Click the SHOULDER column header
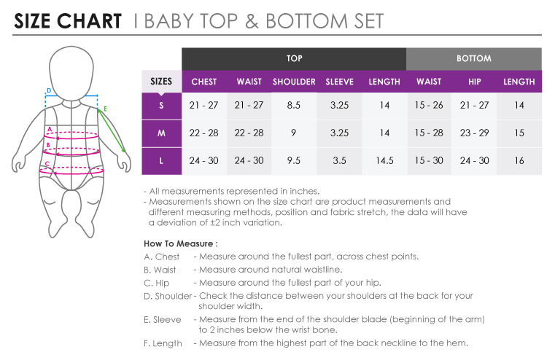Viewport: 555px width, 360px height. (294, 82)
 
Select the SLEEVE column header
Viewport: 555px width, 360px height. (339, 82)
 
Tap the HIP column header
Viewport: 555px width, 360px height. (474, 82)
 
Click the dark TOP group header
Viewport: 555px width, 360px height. (294, 59)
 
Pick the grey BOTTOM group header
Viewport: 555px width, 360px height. (473, 59)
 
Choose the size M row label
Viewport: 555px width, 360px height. (161, 133)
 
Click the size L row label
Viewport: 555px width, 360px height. (161, 161)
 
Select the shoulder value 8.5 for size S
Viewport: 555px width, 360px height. (293, 105)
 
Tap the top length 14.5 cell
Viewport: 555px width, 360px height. (384, 160)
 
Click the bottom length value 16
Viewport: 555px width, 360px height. (519, 160)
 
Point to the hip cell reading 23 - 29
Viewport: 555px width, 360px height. (474, 133)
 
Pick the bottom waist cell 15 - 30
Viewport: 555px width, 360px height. (429, 160)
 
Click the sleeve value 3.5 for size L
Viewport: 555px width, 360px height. (339, 160)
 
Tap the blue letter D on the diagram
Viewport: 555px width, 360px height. (49, 90)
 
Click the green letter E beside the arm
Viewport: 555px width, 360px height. (105, 109)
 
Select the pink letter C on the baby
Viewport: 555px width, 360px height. (47, 164)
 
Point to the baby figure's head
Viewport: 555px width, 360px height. (71, 72)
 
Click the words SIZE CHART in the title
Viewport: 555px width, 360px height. (68, 21)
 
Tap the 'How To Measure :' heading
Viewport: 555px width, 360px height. (181, 243)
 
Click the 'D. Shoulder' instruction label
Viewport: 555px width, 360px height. (168, 296)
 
